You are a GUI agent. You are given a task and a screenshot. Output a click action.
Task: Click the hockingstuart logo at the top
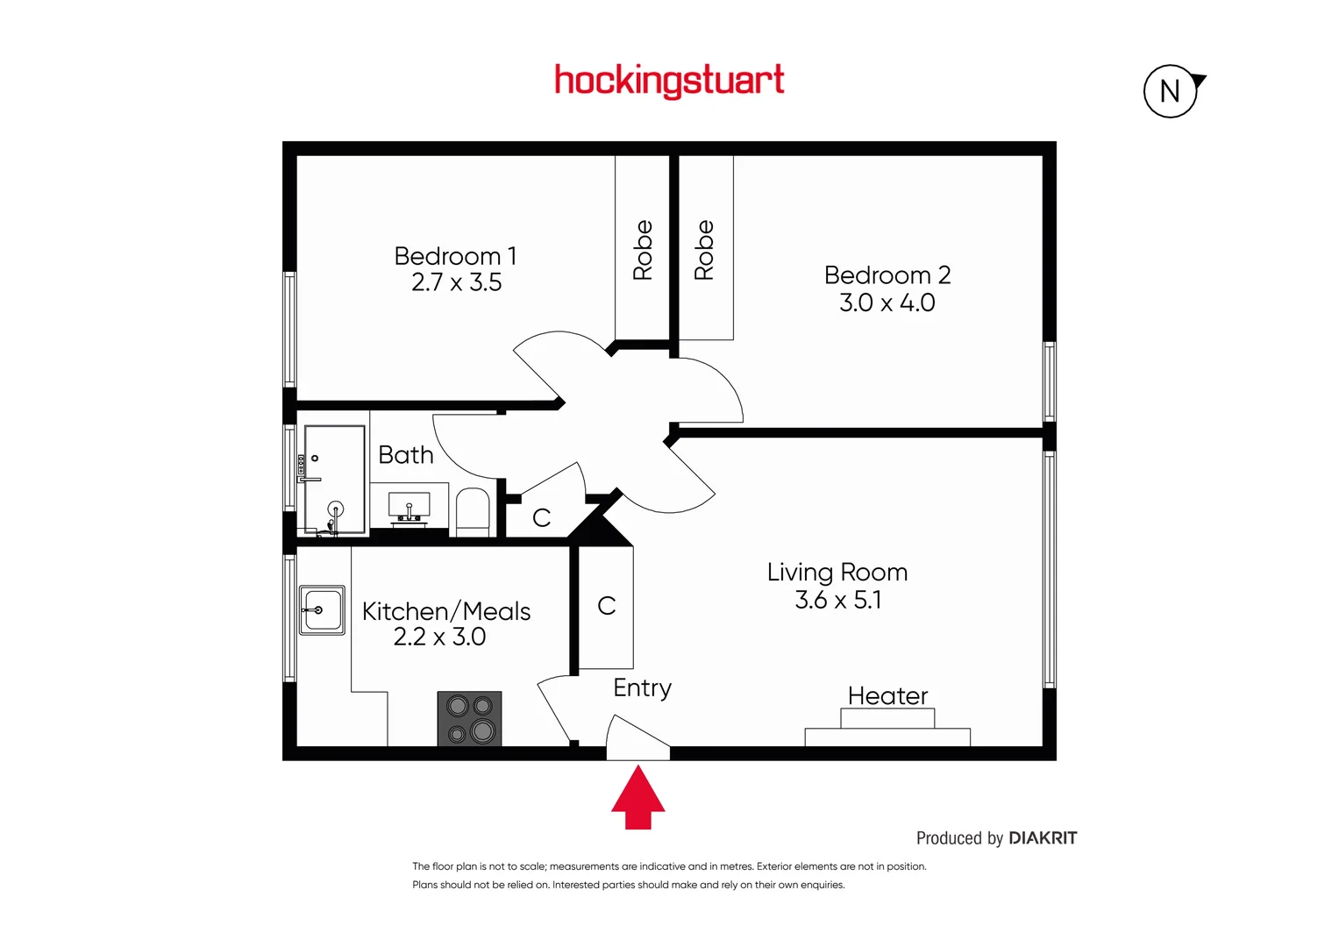[x=669, y=81]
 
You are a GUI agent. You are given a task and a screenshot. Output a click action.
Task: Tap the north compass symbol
[x=1171, y=91]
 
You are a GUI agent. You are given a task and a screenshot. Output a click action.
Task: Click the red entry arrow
[x=637, y=797]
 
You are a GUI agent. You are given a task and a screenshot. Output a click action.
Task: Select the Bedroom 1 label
[x=455, y=256]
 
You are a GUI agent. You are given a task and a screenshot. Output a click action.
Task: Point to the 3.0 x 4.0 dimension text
[x=887, y=303]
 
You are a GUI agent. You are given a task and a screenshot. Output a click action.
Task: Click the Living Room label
[x=837, y=573]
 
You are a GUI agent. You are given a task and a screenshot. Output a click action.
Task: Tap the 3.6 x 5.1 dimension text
[x=837, y=600]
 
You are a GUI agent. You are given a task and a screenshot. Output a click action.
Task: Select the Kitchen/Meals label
[x=446, y=611]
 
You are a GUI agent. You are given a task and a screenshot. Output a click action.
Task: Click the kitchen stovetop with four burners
[x=469, y=719]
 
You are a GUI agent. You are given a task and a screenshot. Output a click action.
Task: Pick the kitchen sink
[x=322, y=609]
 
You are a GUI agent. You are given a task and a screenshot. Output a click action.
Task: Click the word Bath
[x=405, y=455]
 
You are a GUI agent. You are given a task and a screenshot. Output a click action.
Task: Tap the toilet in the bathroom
[x=473, y=513]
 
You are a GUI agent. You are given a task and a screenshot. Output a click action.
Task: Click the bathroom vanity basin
[x=409, y=507]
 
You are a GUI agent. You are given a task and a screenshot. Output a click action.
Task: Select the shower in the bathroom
[x=334, y=480]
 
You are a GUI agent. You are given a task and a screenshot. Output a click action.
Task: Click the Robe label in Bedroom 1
[x=643, y=250]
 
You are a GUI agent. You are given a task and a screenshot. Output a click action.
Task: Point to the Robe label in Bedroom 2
[x=704, y=250]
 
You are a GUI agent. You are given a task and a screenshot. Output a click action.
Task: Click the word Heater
[x=887, y=696]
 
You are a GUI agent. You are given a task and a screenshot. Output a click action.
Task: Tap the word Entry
[x=642, y=688]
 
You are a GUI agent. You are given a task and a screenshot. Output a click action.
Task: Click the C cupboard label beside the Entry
[x=607, y=606]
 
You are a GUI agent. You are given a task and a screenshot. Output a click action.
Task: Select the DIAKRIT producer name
[x=1042, y=838]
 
